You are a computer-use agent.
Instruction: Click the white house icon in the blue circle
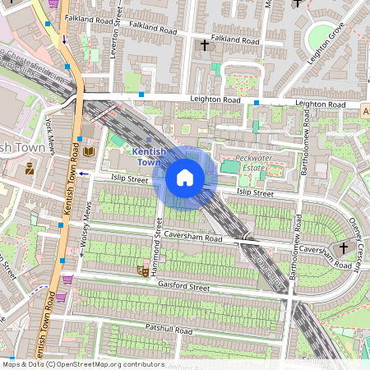click(185, 178)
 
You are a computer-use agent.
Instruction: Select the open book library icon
click(89, 152)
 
